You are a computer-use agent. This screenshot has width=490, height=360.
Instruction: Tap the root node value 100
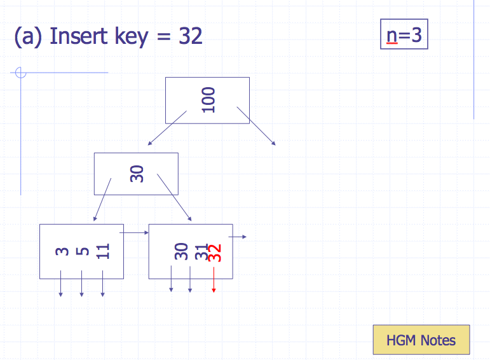[208, 100]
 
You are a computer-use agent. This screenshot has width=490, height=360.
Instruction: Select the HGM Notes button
[421, 340]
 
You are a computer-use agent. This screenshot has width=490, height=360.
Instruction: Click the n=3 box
[404, 35]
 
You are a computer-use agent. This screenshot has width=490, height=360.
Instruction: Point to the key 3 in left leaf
[62, 251]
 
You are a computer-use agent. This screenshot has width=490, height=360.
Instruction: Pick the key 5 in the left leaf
[82, 251]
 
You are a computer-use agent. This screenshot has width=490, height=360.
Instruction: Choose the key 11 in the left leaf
[103, 251]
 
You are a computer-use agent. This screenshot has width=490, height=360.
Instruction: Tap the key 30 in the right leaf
[182, 252]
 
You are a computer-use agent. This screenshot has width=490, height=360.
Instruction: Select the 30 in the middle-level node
[137, 174]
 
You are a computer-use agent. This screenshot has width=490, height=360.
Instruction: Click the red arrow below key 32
[214, 280]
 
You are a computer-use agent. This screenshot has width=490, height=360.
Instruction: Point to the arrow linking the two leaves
[133, 233]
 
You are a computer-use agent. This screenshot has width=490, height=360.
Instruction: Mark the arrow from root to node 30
[167, 128]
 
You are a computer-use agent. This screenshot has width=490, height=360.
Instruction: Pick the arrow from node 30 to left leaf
[102, 199]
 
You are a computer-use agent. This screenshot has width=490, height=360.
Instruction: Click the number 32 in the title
[190, 36]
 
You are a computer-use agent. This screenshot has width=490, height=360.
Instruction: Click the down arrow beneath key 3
[61, 284]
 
